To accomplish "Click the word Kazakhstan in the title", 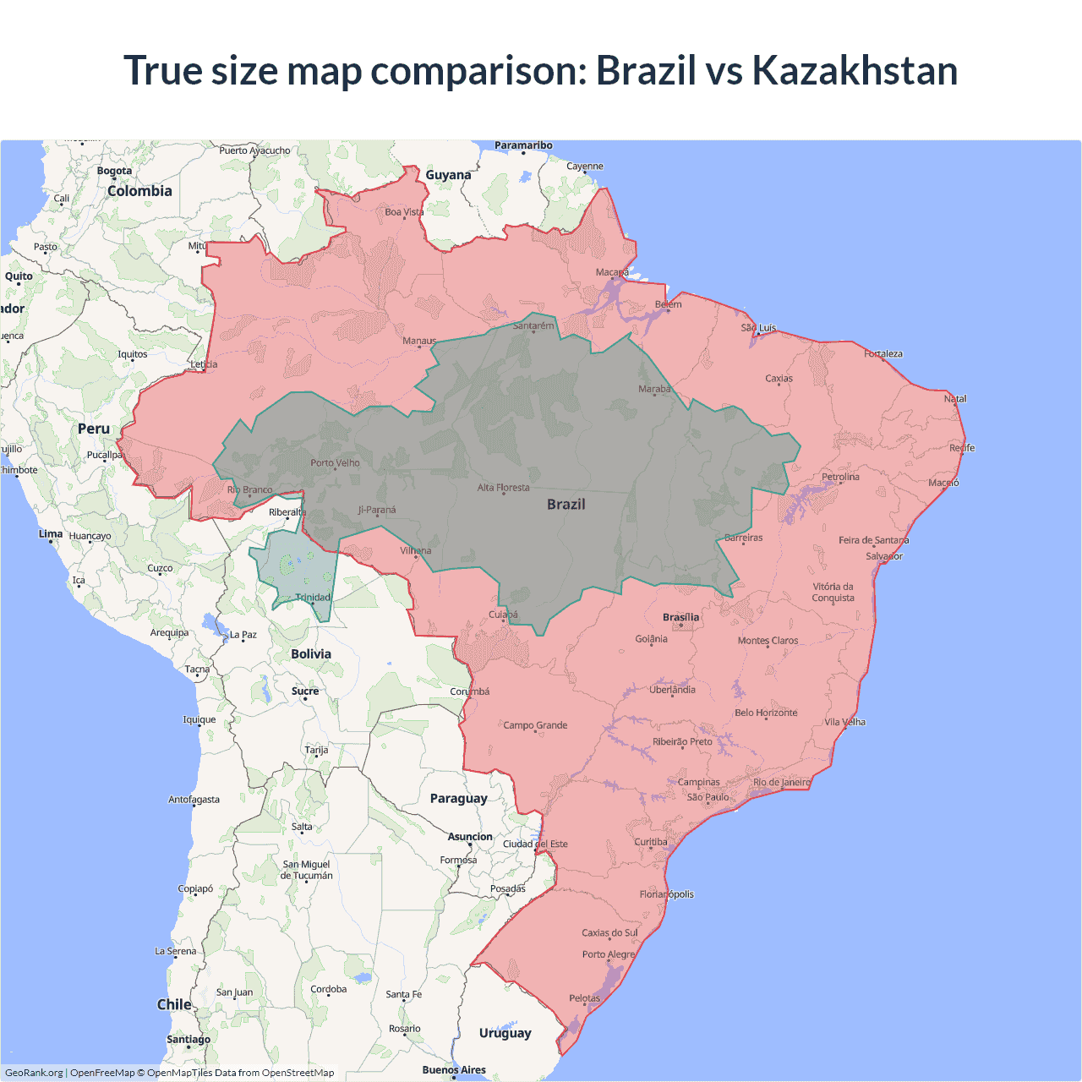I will [855, 70].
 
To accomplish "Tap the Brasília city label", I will [680, 617].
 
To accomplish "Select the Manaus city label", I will [419, 341].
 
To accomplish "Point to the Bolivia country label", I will [311, 653].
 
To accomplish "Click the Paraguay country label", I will [458, 798].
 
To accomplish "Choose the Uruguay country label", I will [505, 1032].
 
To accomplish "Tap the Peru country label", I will [94, 429].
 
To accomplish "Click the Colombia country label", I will [139, 191].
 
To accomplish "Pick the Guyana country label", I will [448, 175].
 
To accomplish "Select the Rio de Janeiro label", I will [781, 782].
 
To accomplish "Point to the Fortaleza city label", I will [883, 353].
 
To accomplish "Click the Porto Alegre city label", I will [609, 954].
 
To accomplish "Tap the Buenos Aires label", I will [454, 1069].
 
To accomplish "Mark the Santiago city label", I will [189, 1039].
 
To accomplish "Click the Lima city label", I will [51, 533].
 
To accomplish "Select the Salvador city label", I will [884, 556].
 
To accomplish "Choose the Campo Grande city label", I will [535, 725].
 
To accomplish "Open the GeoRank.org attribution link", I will [34, 1073].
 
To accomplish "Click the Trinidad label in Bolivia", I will [313, 597].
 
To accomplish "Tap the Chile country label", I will [174, 1004].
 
